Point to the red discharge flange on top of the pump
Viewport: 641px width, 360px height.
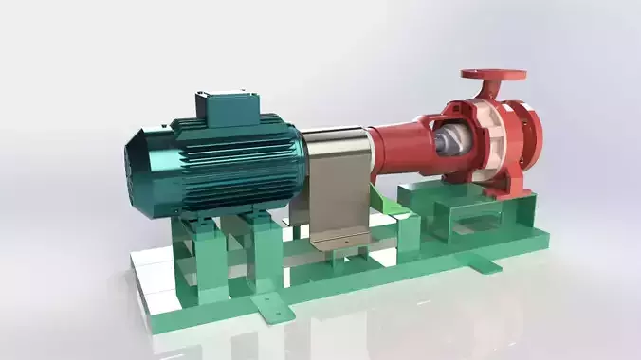point(493,75)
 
